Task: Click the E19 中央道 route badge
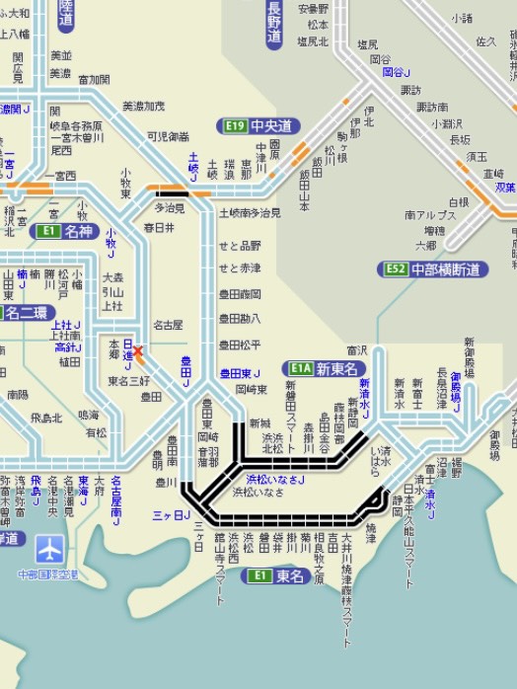click(x=258, y=126)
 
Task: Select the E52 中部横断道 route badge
click(x=434, y=268)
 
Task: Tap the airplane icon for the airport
click(x=50, y=550)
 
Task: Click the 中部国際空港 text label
click(x=49, y=574)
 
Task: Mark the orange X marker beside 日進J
click(x=137, y=350)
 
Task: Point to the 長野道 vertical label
click(x=274, y=24)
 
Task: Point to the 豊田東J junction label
click(x=239, y=373)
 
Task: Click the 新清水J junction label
click(x=364, y=397)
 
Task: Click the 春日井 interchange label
click(x=159, y=227)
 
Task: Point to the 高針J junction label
click(x=67, y=347)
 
